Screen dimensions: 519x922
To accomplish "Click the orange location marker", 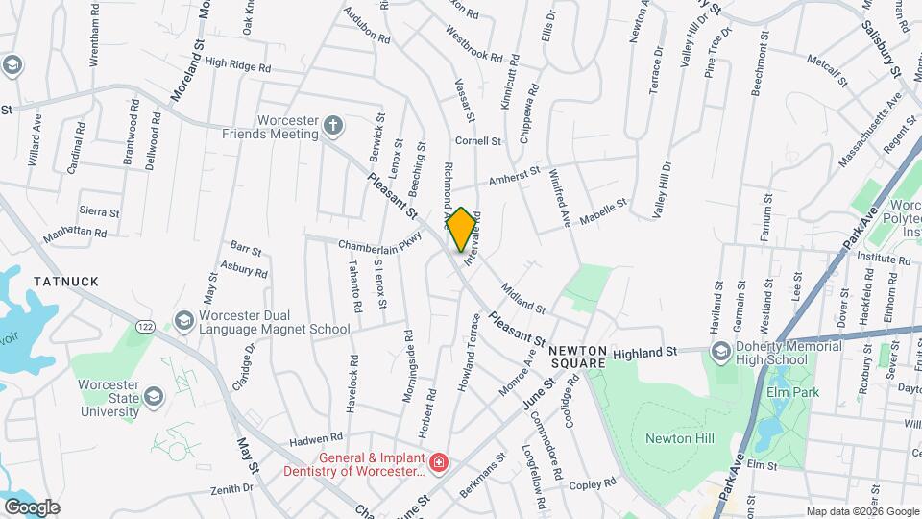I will tap(461, 229).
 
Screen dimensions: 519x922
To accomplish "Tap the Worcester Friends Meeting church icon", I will tap(332, 126).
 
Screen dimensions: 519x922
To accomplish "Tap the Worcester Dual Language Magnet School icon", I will tap(182, 320).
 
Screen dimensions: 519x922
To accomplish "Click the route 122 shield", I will tap(145, 328).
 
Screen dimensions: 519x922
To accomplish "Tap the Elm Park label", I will tap(790, 393).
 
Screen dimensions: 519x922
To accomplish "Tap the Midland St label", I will tap(522, 299).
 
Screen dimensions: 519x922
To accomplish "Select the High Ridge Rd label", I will tap(238, 65).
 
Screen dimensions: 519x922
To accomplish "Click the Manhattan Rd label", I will tap(74, 233).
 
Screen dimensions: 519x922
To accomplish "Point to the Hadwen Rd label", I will tap(317, 437).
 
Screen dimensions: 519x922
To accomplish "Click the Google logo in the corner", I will tap(32, 507).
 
